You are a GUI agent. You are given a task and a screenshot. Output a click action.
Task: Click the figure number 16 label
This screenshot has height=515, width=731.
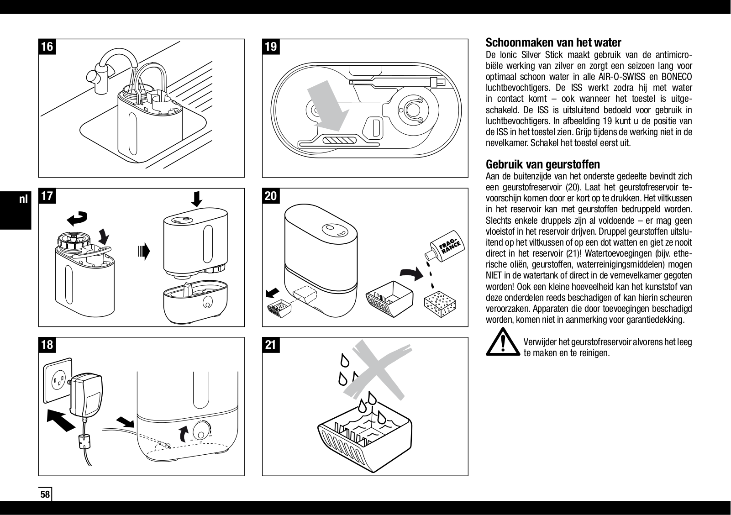[x=47, y=47]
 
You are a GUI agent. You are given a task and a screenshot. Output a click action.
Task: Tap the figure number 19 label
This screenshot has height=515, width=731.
[x=271, y=47]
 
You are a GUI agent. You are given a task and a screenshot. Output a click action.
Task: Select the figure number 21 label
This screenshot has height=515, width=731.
[x=271, y=345]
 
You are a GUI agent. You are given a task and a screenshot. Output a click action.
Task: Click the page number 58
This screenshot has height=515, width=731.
[x=45, y=494]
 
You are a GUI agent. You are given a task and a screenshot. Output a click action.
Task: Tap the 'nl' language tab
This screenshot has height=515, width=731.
[x=23, y=199]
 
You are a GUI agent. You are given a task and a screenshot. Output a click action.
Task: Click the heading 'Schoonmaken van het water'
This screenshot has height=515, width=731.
[x=553, y=42]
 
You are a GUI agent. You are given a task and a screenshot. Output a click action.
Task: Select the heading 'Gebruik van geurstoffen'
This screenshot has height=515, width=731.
[x=543, y=164]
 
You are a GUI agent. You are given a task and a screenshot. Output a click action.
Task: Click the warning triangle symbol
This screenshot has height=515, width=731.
[x=503, y=342]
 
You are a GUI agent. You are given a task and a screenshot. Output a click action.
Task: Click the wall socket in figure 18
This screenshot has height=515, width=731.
[x=58, y=380]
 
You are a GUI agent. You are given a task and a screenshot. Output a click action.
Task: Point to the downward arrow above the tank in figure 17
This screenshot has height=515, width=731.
[x=197, y=199]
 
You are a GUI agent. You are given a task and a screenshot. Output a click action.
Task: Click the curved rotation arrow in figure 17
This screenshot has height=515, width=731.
[x=77, y=218]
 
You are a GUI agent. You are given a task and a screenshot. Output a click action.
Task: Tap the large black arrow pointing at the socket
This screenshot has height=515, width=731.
[x=61, y=420]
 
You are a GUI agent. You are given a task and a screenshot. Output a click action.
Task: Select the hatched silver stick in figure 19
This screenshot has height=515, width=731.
[x=339, y=140]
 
